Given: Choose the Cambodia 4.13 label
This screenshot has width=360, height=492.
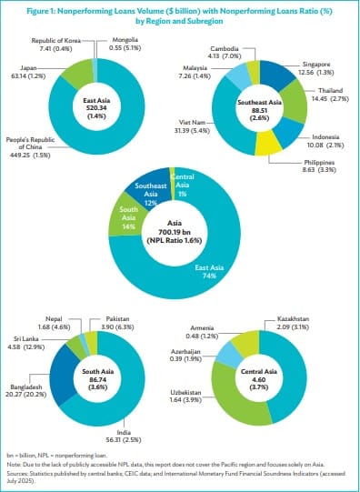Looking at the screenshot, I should point(225,52).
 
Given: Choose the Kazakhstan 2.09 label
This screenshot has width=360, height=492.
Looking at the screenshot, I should point(306,324).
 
